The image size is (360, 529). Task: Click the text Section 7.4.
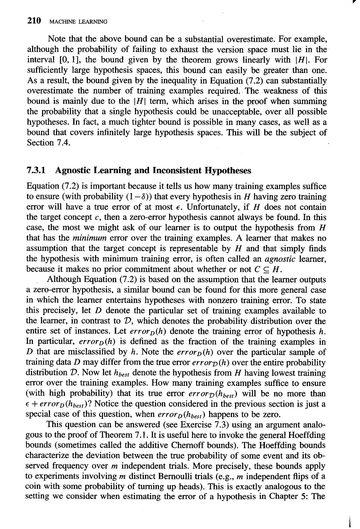pos(49,143)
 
